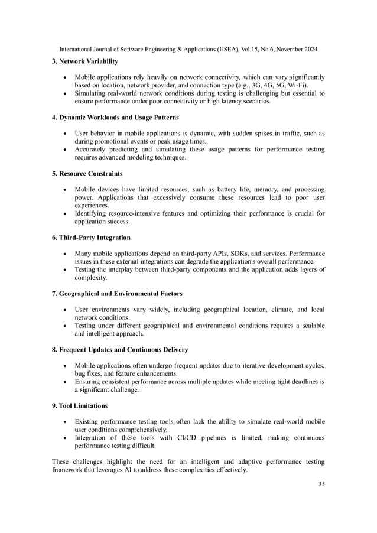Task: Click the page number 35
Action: click(321, 485)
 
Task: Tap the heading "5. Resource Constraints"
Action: click(87, 174)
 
